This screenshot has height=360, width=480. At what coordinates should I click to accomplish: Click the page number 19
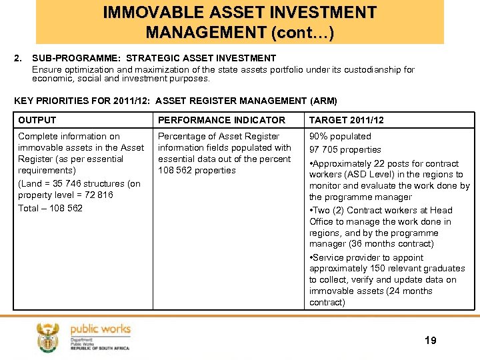431,340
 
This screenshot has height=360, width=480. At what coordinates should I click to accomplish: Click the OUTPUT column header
37,120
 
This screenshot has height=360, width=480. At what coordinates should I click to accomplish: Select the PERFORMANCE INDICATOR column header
221,120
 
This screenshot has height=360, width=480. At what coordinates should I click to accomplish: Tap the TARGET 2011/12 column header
346,120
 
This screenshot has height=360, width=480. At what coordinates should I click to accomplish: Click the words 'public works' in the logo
100,329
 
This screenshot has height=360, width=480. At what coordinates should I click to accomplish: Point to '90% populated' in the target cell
340,136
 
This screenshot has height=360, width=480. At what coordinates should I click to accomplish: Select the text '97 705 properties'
345,149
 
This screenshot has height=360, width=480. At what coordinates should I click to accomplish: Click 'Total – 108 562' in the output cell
51,208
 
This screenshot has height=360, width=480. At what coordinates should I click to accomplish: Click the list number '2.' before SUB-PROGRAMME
18,58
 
